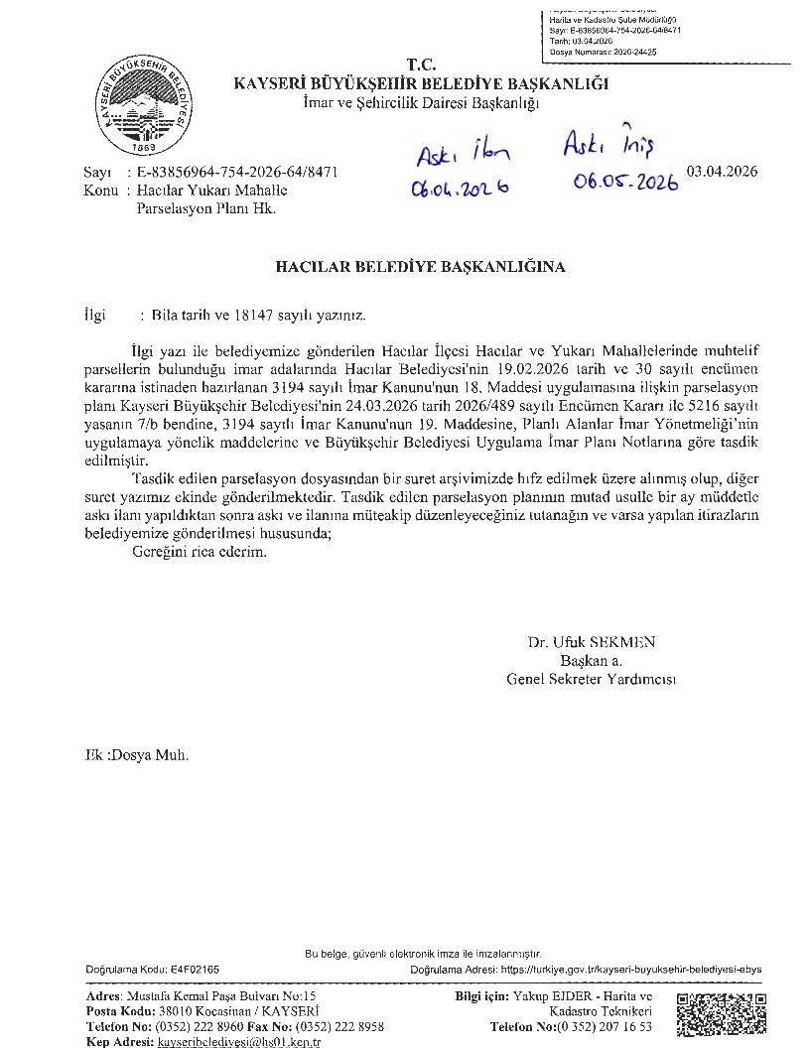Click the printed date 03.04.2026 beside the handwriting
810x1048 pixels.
click(729, 172)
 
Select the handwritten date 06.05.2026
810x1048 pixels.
click(625, 182)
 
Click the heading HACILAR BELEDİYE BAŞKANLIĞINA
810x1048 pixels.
click(420, 267)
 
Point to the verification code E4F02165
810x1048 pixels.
click(195, 969)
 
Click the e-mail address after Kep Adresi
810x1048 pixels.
click(240, 1042)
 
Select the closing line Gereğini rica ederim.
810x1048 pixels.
click(186, 552)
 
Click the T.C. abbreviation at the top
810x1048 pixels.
click(421, 65)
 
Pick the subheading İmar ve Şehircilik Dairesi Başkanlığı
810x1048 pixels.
click(421, 103)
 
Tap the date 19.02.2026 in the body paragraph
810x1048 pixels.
click(531, 367)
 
